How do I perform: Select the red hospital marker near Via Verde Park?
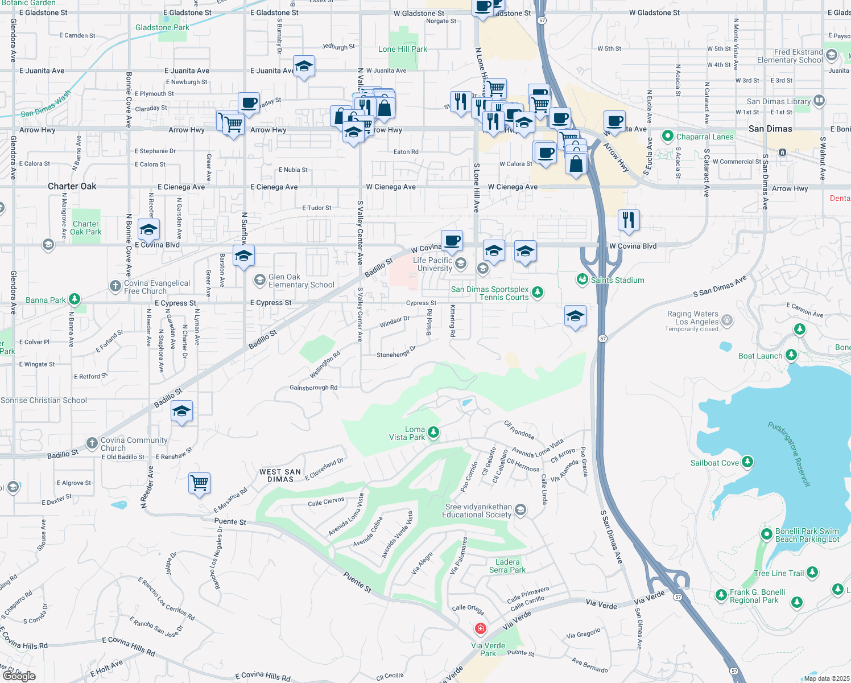pyautogui.click(x=481, y=628)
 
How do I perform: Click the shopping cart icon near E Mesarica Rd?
pyautogui.click(x=200, y=483)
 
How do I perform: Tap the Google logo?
pyautogui.click(x=19, y=676)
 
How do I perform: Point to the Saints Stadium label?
pyautogui.click(x=617, y=280)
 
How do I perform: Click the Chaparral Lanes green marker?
pyautogui.click(x=667, y=137)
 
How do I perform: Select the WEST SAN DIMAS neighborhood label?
pyautogui.click(x=280, y=475)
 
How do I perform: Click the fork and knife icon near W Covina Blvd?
pyautogui.click(x=629, y=219)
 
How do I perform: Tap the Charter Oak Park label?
pyautogui.click(x=86, y=228)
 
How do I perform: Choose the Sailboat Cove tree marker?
pyautogui.click(x=747, y=462)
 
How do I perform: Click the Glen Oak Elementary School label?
pyautogui.click(x=301, y=281)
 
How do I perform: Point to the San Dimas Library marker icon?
pyautogui.click(x=819, y=101)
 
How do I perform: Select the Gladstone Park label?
pyautogui.click(x=162, y=27)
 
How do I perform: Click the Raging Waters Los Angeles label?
pyautogui.click(x=692, y=318)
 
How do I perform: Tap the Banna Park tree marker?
pyautogui.click(x=74, y=299)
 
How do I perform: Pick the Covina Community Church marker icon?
pyautogui.click(x=92, y=443)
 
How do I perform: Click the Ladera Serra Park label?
pyautogui.click(x=507, y=566)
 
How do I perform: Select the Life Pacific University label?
pyautogui.click(x=433, y=264)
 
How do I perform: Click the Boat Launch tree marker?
pyautogui.click(x=791, y=355)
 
